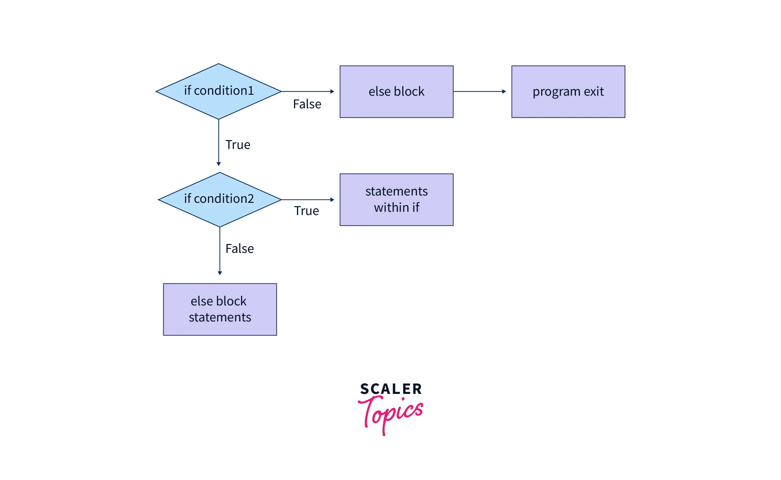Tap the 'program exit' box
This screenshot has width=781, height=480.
[568, 92]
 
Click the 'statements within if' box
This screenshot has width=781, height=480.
[396, 200]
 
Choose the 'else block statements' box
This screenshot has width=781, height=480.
[220, 309]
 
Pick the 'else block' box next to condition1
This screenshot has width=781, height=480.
[396, 92]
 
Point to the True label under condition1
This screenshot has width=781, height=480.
[238, 145]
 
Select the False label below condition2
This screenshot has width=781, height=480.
[239, 248]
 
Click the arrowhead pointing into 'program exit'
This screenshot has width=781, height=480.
[504, 91]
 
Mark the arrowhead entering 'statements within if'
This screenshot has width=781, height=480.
[332, 200]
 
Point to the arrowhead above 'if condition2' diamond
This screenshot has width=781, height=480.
[219, 164]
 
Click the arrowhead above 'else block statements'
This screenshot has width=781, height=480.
[220, 273]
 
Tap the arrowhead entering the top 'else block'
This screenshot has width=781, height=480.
[332, 91]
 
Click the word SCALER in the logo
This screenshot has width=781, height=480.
[391, 389]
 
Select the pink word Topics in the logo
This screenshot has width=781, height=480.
[391, 413]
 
